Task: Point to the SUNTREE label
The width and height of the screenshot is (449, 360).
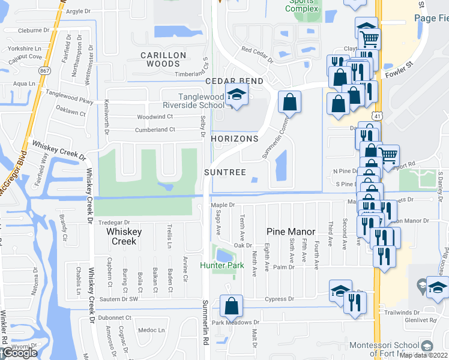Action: coord(225,172)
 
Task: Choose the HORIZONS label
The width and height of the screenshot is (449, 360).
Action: coord(235,139)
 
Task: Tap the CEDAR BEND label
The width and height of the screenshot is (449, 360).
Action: coord(234,81)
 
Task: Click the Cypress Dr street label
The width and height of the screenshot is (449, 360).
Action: coord(283,299)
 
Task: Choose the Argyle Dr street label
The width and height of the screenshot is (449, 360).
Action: coord(78,11)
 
